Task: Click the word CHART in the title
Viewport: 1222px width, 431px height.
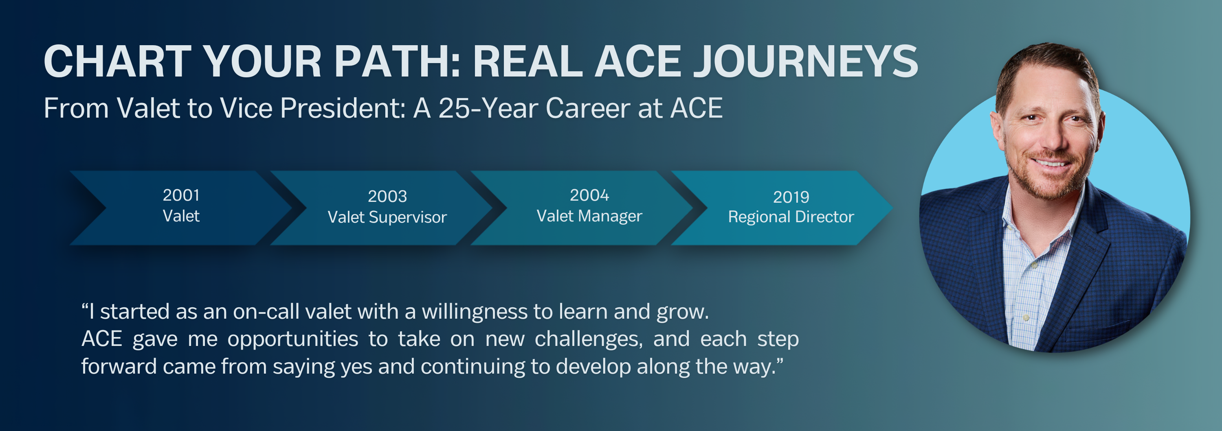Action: click(118, 61)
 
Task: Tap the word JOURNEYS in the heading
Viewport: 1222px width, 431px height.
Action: click(805, 61)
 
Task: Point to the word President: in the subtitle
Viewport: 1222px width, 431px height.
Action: click(343, 108)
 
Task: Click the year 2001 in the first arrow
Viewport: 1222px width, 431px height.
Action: click(181, 195)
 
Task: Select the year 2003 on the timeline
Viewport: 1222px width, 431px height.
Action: click(387, 196)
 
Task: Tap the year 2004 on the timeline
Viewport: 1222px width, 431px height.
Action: click(589, 195)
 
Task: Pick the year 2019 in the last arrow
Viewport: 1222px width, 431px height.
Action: click(791, 197)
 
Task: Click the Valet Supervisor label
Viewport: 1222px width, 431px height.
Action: click(387, 217)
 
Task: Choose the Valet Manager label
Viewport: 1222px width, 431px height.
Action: click(589, 216)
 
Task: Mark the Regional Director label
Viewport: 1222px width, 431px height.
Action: click(791, 217)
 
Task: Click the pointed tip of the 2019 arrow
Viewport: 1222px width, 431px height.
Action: click(892, 208)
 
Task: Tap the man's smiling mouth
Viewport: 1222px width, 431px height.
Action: click(1051, 163)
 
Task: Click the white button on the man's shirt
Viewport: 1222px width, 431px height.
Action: click(1026, 317)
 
